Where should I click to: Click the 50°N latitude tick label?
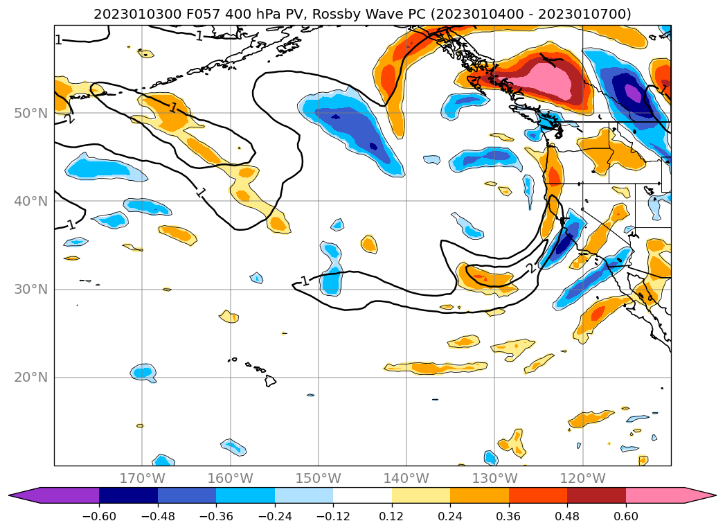(x=30, y=113)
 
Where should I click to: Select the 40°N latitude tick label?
(x=30, y=201)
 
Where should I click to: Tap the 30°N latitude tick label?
(x=30, y=289)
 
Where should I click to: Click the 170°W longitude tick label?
(x=142, y=478)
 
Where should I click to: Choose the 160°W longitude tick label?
(x=230, y=478)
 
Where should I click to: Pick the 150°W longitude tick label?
(x=319, y=478)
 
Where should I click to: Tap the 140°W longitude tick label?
(x=406, y=478)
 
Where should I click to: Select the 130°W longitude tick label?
(x=494, y=478)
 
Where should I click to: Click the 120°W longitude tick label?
(x=582, y=478)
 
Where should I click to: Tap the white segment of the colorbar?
(x=362, y=495)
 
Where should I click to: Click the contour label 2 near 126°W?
(x=530, y=269)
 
